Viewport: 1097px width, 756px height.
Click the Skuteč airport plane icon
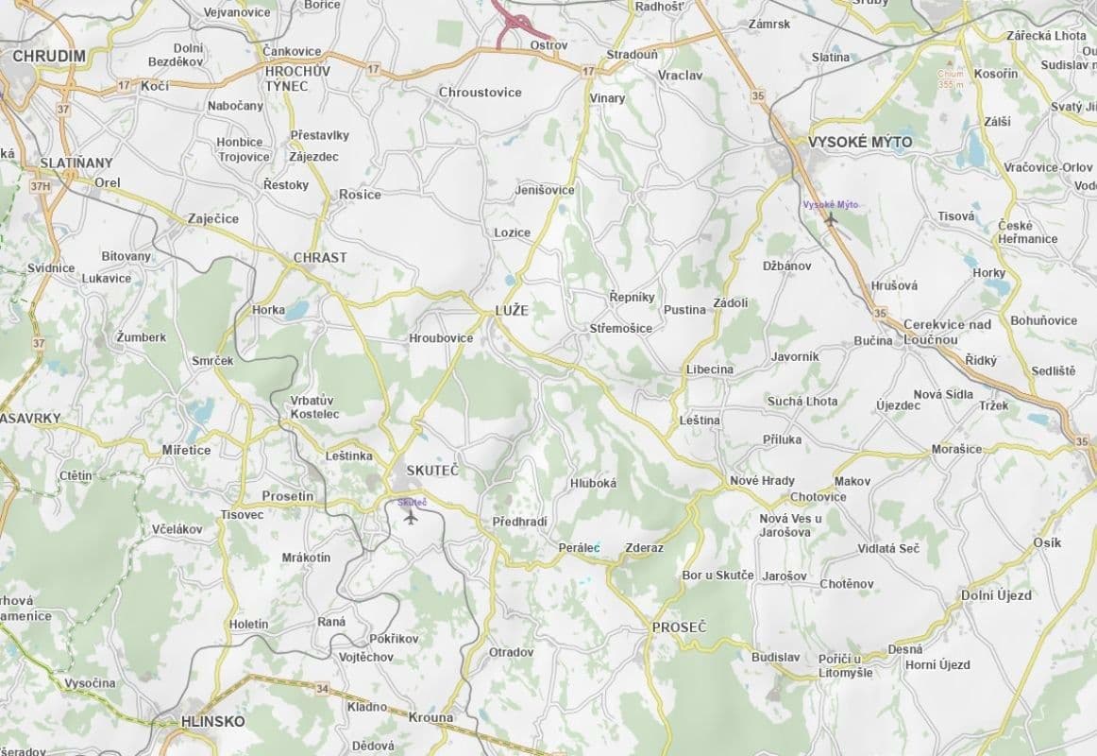410,517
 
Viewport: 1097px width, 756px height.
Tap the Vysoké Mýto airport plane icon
831,219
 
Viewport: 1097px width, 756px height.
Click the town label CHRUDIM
49,57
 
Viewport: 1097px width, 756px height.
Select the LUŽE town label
512,310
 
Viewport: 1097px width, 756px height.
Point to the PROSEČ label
680,627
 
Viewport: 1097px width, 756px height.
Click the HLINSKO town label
212,721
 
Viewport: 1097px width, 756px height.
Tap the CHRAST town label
320,257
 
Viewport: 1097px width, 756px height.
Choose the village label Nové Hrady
763,480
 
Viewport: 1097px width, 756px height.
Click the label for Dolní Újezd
996,595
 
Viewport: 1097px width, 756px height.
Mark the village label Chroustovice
480,93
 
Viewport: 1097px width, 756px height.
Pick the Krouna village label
430,717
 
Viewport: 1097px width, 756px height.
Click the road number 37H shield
40,186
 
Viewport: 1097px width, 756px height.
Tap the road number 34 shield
323,689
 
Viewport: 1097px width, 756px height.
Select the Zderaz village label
645,548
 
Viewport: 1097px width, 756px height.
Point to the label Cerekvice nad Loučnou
947,332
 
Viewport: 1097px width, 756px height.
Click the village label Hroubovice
441,337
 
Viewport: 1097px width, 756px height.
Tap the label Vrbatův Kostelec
312,407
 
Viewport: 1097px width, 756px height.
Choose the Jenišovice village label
545,190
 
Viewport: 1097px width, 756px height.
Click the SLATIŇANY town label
76,163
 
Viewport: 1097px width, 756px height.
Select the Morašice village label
957,449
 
